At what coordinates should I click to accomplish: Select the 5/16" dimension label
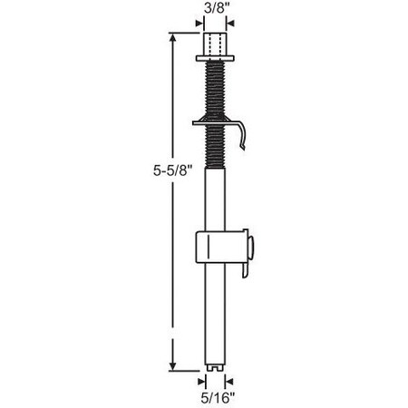(x=215, y=395)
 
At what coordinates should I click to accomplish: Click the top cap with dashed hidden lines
(x=215, y=44)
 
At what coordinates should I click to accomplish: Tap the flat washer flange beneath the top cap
(x=215, y=60)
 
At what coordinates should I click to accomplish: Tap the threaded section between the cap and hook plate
(x=215, y=89)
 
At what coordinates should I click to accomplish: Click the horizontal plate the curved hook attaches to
(x=215, y=119)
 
